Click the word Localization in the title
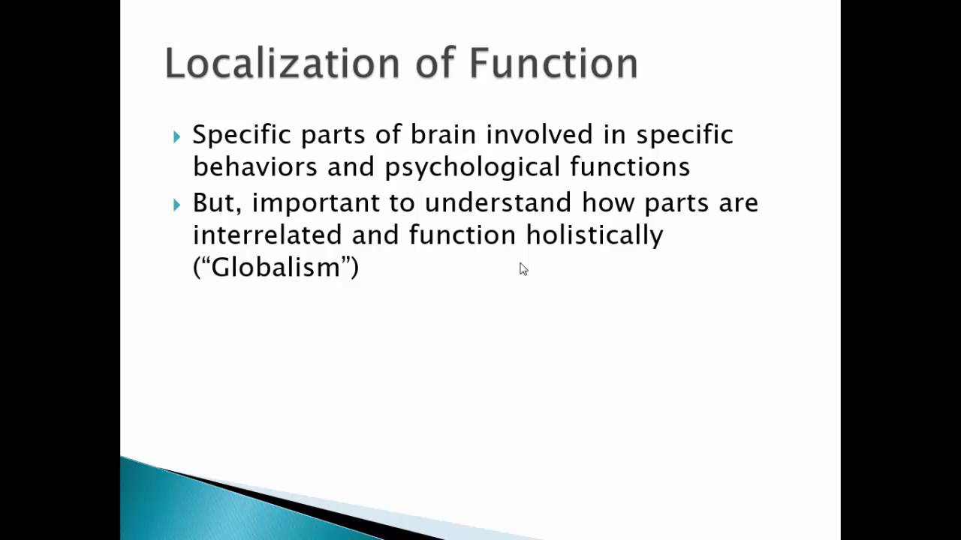click(282, 64)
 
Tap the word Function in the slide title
click(554, 64)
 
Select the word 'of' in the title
click(435, 64)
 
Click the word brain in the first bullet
click(443, 134)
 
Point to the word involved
click(540, 134)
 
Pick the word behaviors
click(255, 166)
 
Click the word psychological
click(472, 167)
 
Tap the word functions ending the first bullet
click(630, 166)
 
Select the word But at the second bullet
click(217, 202)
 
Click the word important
click(316, 203)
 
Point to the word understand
click(498, 202)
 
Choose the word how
click(608, 202)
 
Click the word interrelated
click(267, 235)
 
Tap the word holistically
click(595, 235)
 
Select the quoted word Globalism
click(276, 267)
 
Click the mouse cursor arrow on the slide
click(523, 269)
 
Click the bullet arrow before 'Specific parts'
click(176, 137)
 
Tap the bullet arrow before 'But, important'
click(176, 205)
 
